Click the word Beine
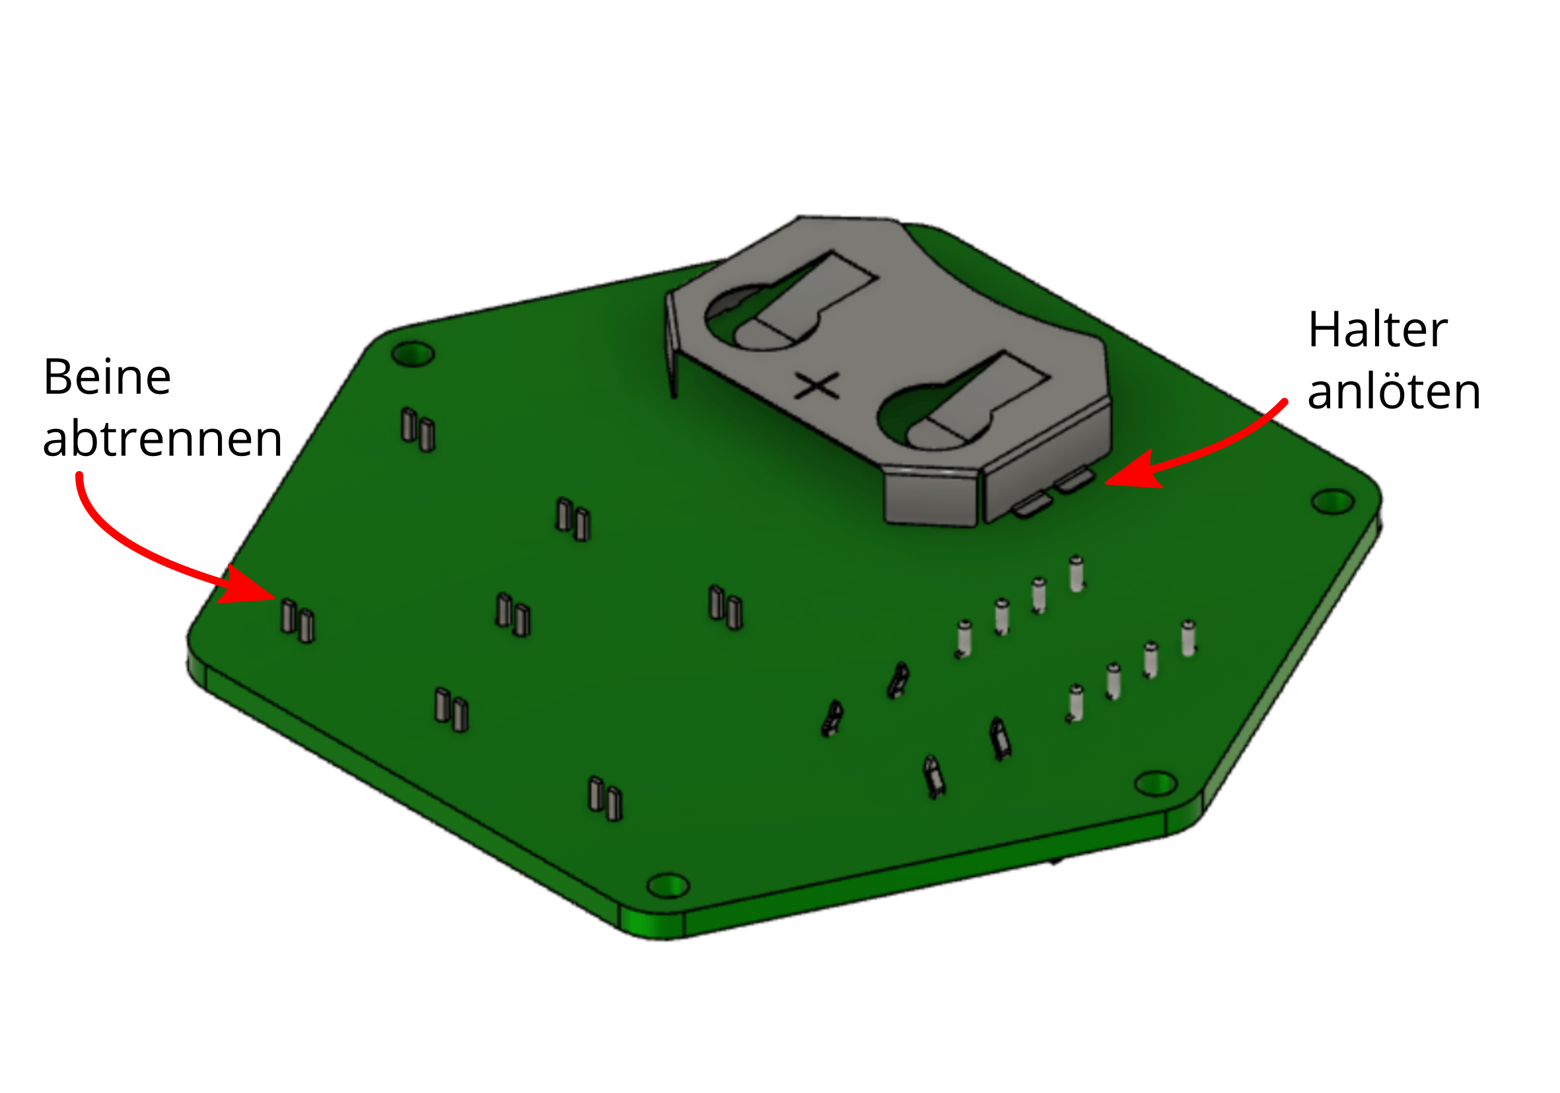point(107,377)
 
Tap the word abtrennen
point(162,438)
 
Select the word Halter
point(1378,330)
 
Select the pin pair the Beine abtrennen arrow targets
point(298,621)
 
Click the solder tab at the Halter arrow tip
point(1074,480)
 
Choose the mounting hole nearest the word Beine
point(413,354)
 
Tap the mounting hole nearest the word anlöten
point(1332,502)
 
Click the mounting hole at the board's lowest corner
point(668,885)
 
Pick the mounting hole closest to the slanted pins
point(1156,783)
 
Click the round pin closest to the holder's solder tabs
point(1077,574)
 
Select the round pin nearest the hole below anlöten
point(1188,638)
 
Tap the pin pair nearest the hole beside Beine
point(418,430)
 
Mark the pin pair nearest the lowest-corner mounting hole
point(605,798)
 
